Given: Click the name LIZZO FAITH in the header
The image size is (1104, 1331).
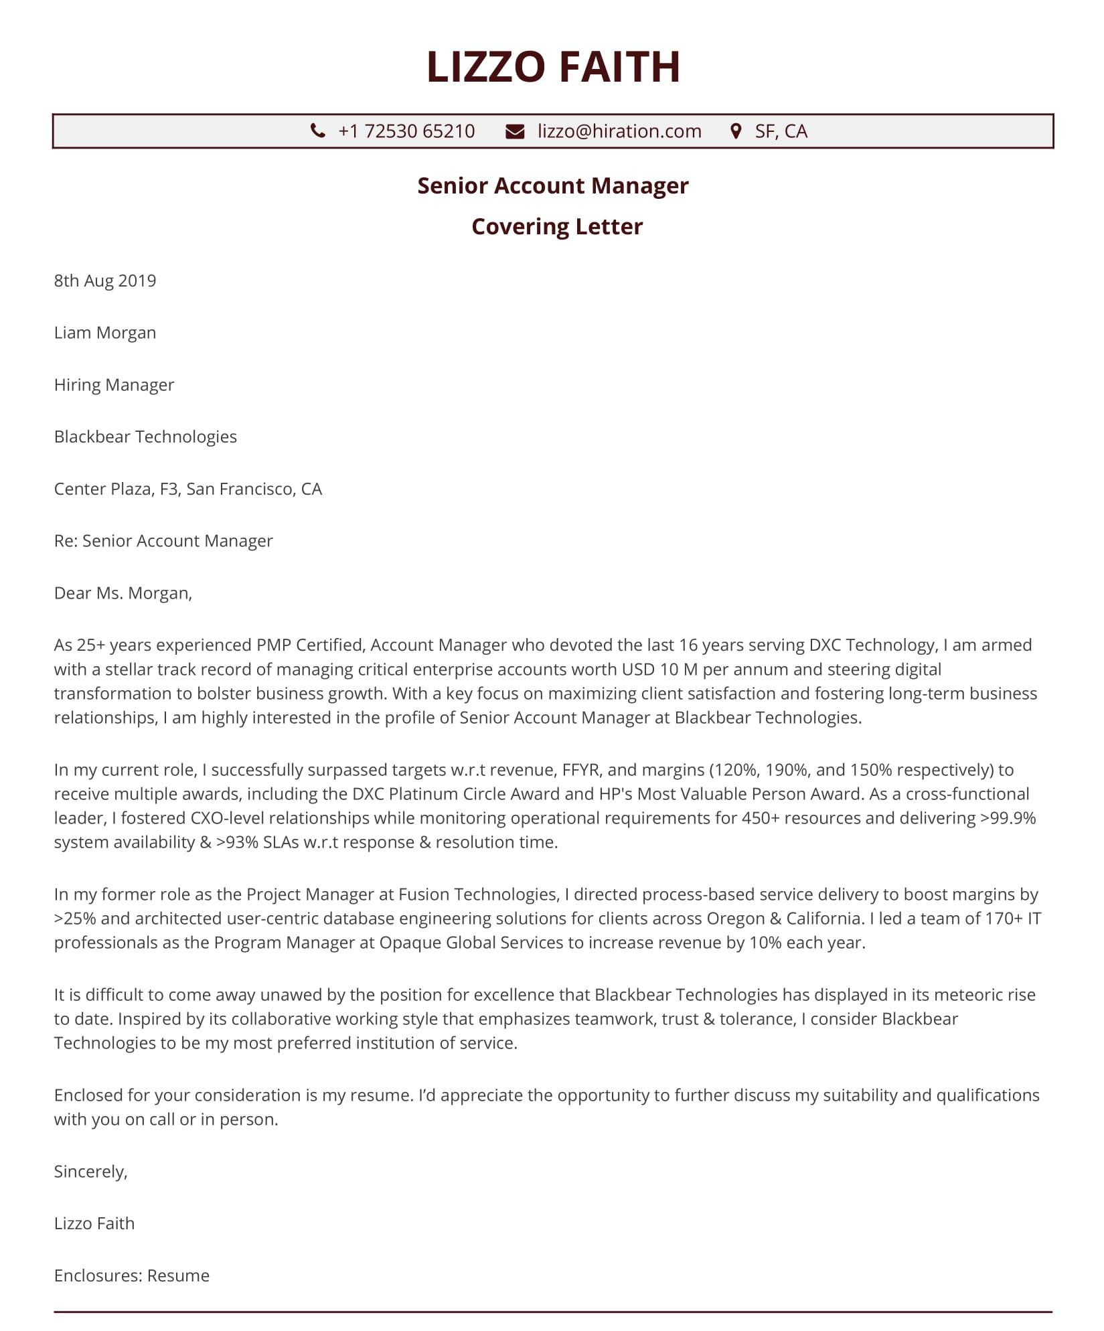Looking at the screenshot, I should click(x=553, y=67).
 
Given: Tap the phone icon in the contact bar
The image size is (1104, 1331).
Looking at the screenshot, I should click(x=318, y=131).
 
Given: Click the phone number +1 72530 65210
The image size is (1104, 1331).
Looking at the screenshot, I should click(x=406, y=131).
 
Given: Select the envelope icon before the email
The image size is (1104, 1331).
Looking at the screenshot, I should click(x=515, y=131).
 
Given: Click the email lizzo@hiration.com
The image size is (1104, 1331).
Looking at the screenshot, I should click(x=619, y=131).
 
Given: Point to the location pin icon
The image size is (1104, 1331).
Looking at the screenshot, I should click(x=736, y=131).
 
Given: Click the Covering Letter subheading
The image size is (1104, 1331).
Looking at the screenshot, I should click(x=556, y=226).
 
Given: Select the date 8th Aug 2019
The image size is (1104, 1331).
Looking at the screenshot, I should click(x=105, y=281).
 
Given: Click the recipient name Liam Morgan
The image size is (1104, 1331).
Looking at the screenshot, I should click(x=105, y=333).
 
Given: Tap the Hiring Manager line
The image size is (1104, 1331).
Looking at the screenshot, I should click(x=114, y=385).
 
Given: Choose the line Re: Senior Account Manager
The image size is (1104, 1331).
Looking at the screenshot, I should click(x=163, y=541).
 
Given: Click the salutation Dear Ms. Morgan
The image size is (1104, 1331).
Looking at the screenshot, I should click(x=123, y=593).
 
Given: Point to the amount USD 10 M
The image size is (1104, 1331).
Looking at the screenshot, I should click(x=659, y=670).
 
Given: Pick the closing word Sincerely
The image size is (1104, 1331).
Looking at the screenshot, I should click(x=90, y=1172).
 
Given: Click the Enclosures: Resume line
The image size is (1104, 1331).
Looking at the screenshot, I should click(x=132, y=1276).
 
